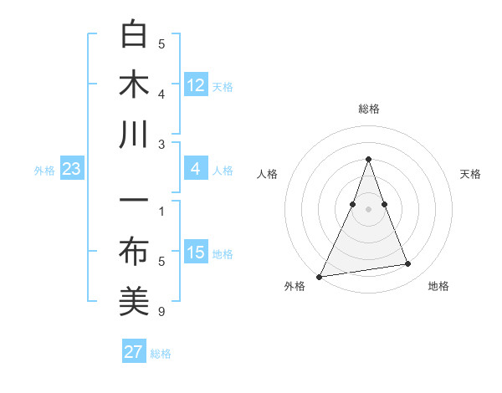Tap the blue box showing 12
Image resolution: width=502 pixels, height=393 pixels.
[196, 85]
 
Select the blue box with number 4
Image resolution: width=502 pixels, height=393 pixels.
[196, 170]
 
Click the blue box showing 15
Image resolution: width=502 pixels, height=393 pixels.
[196, 253]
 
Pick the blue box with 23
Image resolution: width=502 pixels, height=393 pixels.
[72, 170]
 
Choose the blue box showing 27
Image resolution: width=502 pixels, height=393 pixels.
[134, 352]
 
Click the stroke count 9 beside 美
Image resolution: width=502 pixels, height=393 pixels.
[161, 313]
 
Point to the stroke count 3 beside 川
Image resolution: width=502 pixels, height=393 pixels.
[161, 145]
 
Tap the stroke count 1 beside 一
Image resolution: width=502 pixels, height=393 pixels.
[161, 211]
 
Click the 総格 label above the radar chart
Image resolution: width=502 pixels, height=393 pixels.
[368, 109]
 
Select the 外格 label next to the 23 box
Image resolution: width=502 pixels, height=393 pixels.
[44, 171]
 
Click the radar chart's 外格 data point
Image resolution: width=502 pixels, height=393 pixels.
[320, 276]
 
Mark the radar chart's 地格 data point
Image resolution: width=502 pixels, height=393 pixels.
[408, 264]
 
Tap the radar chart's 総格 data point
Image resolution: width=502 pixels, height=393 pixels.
[368, 159]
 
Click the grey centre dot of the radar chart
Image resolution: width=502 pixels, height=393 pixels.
[368, 209]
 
